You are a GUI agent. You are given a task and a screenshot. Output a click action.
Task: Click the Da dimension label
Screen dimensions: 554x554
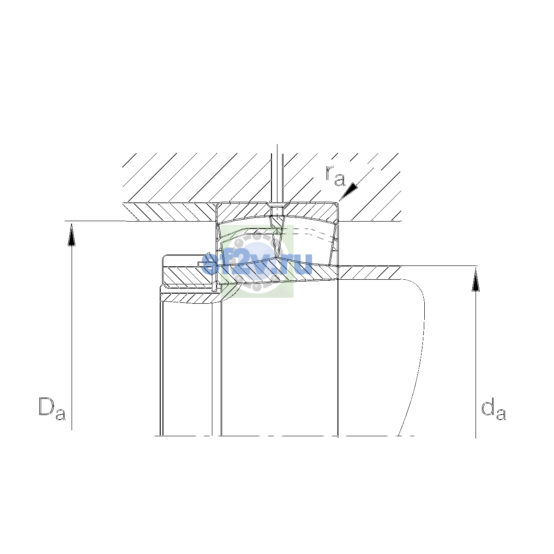[x=52, y=409]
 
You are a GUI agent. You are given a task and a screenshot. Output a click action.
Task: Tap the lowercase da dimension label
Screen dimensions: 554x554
[x=494, y=409]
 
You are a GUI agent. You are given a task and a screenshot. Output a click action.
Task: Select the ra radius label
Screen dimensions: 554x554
[x=335, y=176]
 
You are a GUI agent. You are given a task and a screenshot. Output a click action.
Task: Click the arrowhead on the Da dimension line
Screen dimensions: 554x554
[x=72, y=235]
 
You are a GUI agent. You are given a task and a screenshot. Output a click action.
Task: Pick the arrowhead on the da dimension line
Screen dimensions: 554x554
[x=476, y=280]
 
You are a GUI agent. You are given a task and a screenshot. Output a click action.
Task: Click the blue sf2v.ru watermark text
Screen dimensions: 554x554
[x=257, y=264]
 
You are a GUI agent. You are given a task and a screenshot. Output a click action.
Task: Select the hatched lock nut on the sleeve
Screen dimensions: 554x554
[x=188, y=276]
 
